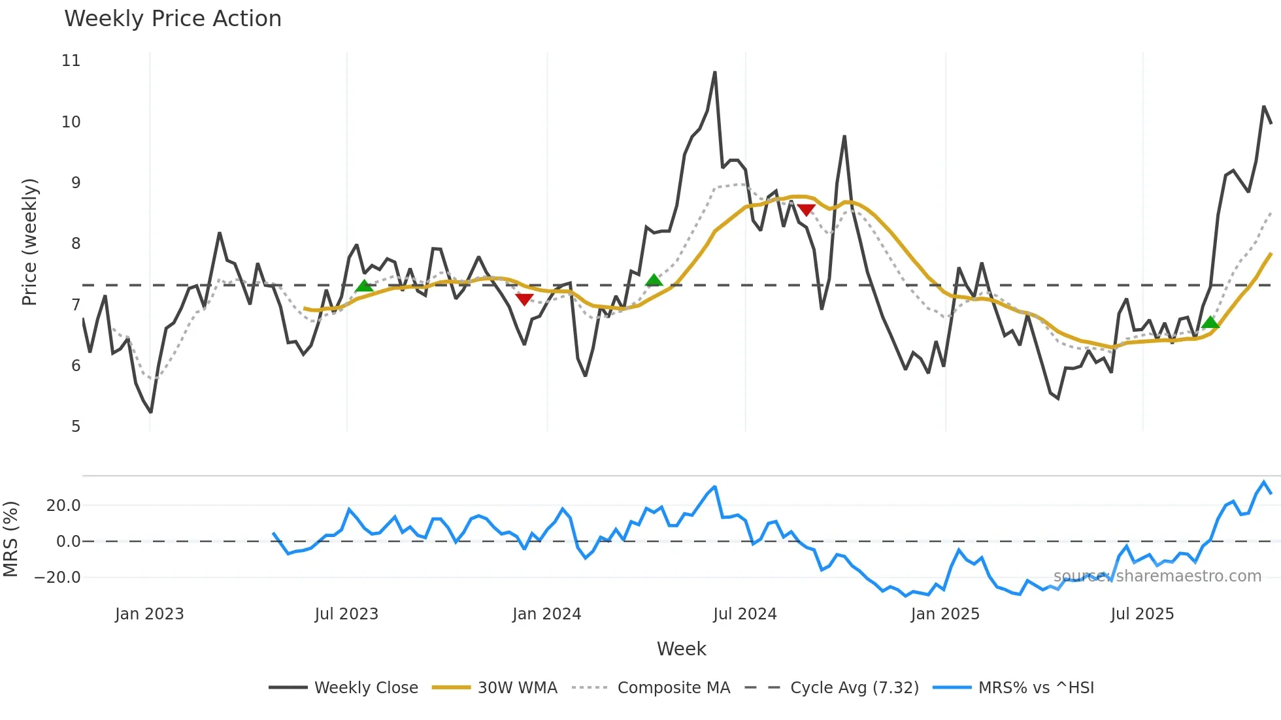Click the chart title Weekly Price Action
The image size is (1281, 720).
tap(173, 18)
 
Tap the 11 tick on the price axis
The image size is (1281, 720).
tap(71, 61)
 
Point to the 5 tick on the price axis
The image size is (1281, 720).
tap(76, 427)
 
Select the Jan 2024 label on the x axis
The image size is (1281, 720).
tap(546, 614)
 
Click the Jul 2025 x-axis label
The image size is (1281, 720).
tap(1142, 614)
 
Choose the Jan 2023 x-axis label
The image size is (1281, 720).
tap(149, 614)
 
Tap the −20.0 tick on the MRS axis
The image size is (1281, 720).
tap(58, 578)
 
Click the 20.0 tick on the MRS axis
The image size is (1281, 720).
tap(63, 506)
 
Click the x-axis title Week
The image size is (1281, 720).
tap(681, 649)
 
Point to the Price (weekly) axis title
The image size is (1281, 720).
tap(29, 242)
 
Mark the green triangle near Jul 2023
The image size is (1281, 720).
tap(364, 286)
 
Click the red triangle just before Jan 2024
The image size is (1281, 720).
tap(524, 299)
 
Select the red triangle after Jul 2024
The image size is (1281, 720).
tap(806, 210)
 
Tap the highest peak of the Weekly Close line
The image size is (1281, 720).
tap(714, 73)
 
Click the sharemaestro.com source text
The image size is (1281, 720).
tap(1157, 576)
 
